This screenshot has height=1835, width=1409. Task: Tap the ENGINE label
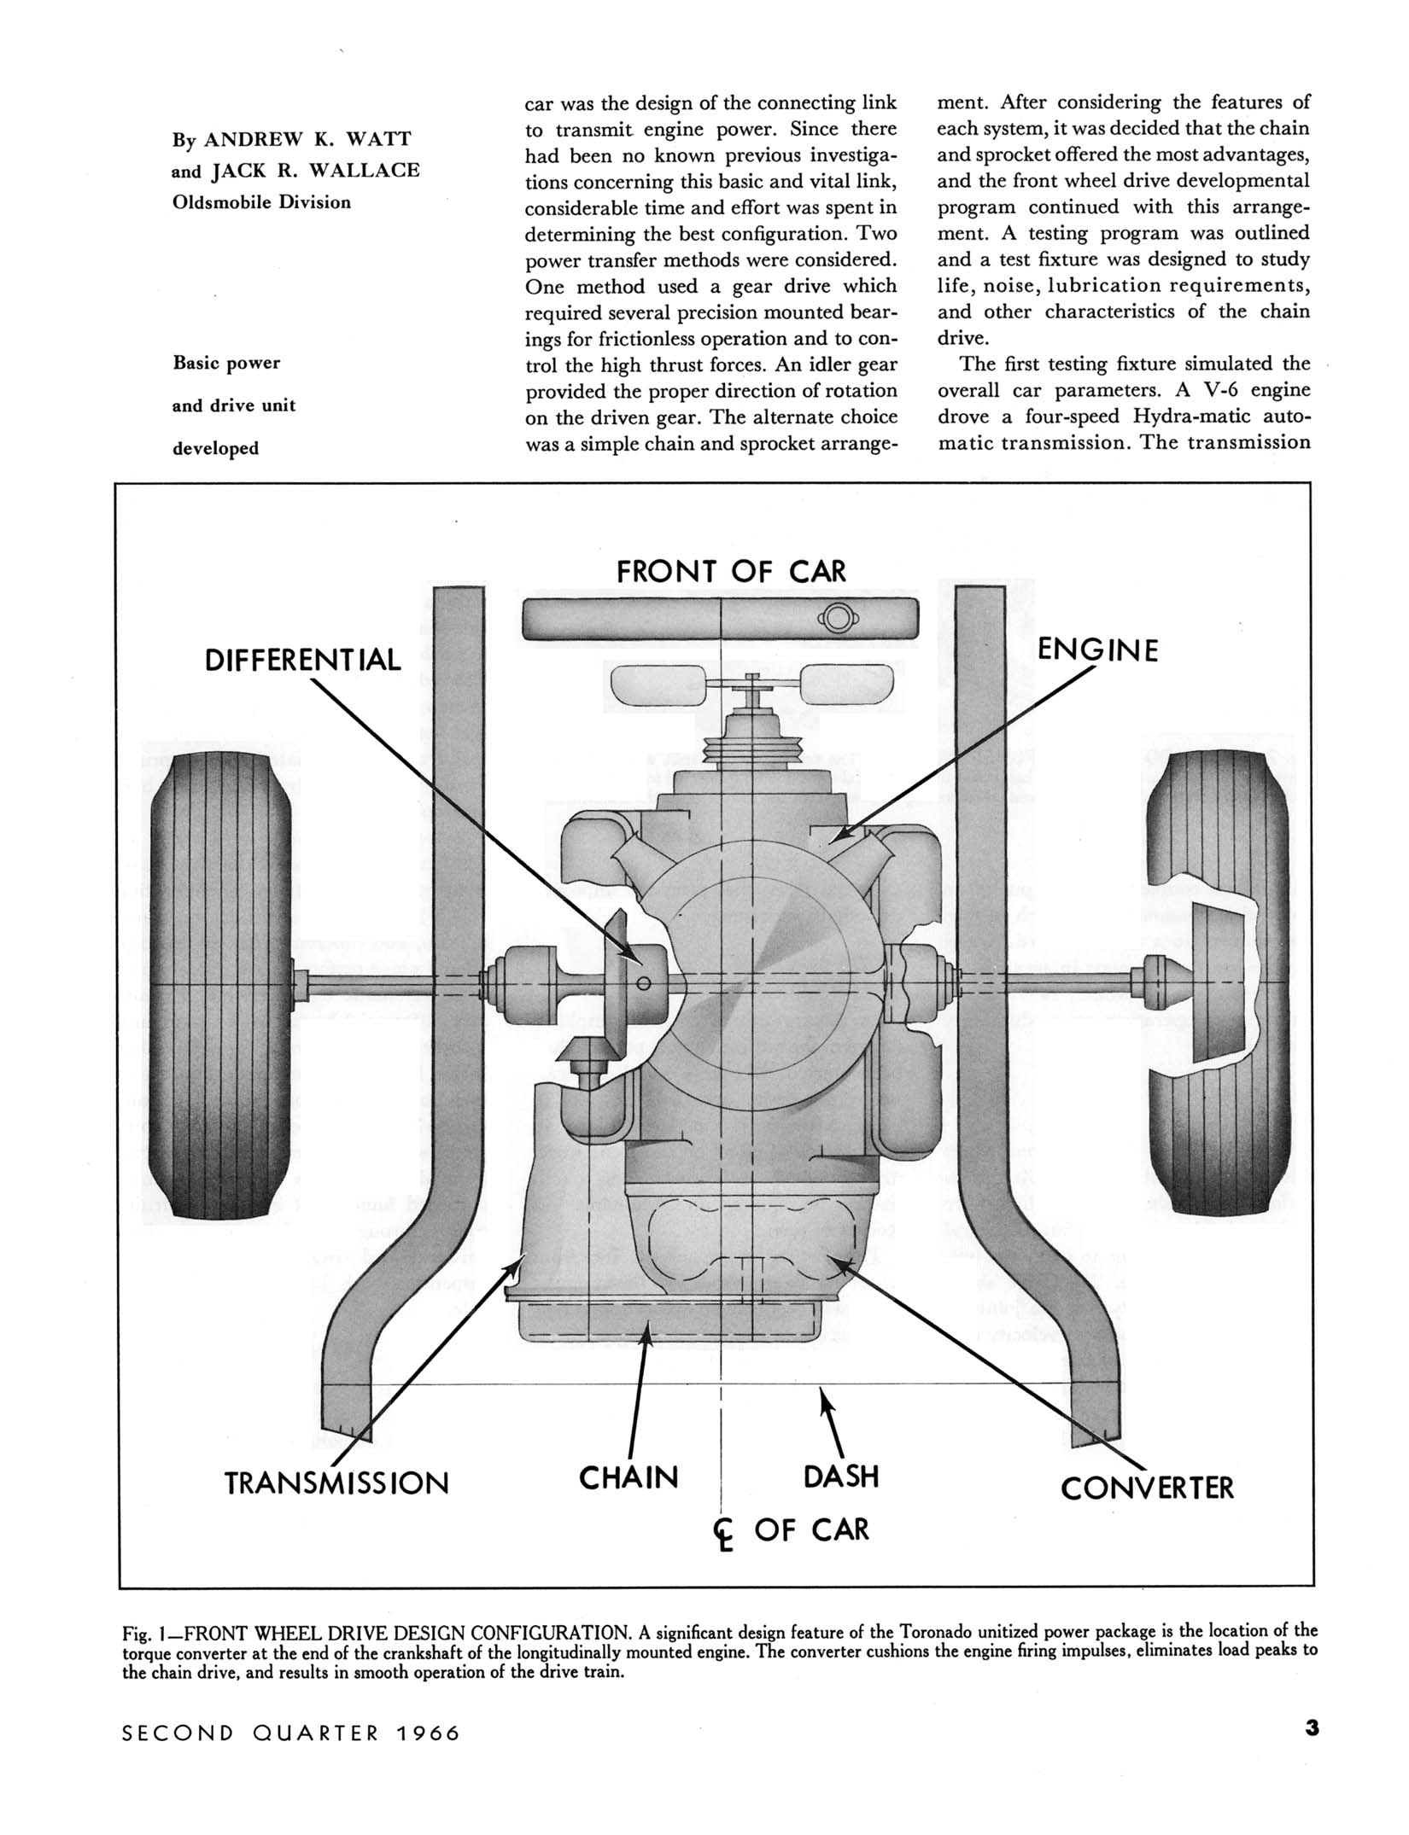tap(1097, 650)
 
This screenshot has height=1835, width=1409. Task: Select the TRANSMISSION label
tap(336, 1483)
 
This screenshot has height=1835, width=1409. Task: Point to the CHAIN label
tap(628, 1477)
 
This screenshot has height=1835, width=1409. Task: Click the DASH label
tap(841, 1477)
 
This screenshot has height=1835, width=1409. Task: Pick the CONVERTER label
tap(1147, 1488)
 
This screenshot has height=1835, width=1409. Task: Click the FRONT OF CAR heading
tap(731, 572)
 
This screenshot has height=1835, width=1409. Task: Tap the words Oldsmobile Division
tap(261, 202)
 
